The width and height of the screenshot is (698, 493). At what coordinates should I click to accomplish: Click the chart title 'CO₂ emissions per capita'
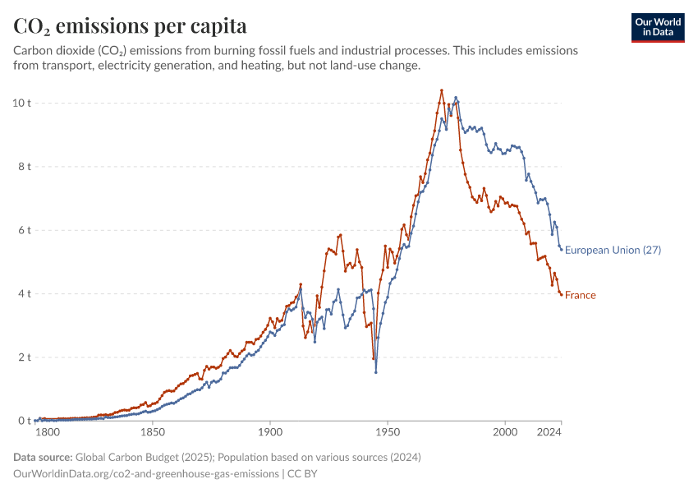point(130,25)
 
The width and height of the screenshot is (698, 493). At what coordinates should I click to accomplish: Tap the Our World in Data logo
point(657,27)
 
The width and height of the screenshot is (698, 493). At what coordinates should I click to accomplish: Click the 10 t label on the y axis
point(21,103)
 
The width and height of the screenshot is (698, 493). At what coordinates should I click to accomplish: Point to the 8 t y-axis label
point(25,166)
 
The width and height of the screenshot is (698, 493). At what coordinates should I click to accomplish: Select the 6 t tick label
point(25,230)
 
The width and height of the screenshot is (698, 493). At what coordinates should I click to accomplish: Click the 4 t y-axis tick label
point(25,293)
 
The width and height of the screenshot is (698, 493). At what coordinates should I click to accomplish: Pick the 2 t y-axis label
point(25,357)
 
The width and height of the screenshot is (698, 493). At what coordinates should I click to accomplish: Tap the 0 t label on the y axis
point(25,421)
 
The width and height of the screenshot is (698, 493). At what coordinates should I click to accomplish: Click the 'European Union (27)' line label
point(613,250)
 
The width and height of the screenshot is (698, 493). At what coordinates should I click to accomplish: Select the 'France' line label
point(581,295)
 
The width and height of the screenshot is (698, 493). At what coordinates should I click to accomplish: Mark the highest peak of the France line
point(442,90)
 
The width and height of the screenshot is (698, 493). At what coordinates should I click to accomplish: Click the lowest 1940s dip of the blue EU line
point(376,372)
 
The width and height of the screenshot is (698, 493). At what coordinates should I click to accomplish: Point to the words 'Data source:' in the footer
point(43,457)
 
